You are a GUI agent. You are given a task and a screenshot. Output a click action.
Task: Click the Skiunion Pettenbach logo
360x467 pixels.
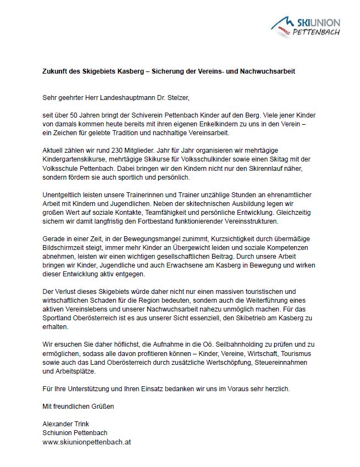[306, 25]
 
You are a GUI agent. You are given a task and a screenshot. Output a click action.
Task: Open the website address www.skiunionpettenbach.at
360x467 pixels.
[87, 442]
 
